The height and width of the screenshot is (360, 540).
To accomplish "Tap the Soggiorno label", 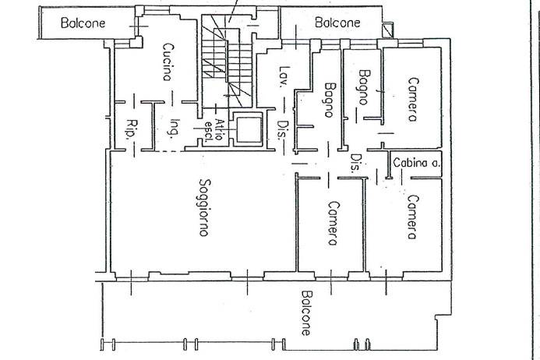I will (203, 208).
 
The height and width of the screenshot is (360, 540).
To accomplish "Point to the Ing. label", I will (175, 127).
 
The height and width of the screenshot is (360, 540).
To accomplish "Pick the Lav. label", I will (284, 76).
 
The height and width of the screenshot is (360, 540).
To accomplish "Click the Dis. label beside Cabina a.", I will (355, 163).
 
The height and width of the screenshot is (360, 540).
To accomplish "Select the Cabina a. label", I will (416, 163).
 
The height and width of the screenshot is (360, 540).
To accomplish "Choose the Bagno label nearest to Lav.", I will (330, 99).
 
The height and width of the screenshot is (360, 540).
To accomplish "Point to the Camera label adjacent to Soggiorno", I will (332, 224).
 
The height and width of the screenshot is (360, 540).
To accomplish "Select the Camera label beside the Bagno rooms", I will (412, 99).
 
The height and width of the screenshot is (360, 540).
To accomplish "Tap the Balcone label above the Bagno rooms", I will (337, 23).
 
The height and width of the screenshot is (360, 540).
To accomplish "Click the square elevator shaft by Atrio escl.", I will (247, 130).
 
